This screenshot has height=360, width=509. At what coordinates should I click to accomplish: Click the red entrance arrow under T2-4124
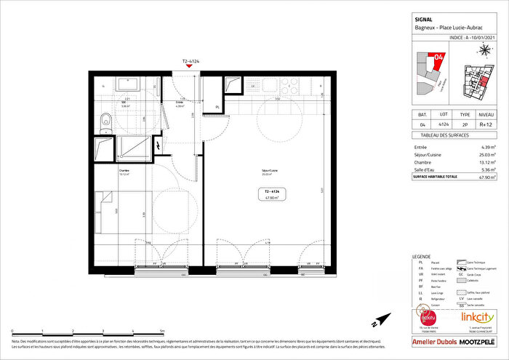tap(189, 66)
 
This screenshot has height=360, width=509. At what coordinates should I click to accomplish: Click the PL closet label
tap(217, 107)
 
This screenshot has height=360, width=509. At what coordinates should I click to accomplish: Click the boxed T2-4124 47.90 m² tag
tap(273, 194)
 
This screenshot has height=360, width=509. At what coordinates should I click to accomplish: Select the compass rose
tap(484, 50)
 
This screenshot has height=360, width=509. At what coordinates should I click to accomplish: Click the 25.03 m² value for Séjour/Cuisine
tap(485, 154)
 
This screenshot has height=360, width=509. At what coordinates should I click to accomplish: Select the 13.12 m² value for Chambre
tap(485, 161)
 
